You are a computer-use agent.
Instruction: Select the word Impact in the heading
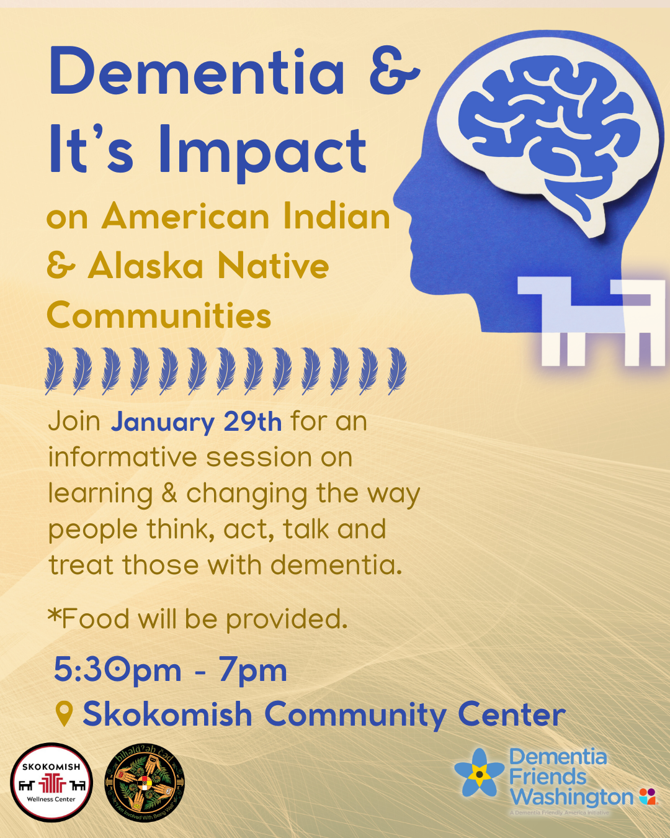pos(262,151)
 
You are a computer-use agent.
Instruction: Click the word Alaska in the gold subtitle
pos(146,266)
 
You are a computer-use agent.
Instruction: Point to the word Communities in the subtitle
pos(159,315)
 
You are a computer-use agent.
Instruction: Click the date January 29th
pos(196,422)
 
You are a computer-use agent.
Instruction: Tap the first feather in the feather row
pos(54,371)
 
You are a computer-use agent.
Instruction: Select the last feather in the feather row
pos(396,371)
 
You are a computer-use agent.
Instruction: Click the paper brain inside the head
pos(549,133)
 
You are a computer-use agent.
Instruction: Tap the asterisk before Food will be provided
pos(55,616)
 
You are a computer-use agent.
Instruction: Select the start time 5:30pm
pos(117,670)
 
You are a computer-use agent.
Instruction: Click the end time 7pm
pos(252,670)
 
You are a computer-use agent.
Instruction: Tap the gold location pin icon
pos(64,714)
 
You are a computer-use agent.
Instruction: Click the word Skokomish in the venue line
pos(167,714)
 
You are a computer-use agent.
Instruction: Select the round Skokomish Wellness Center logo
pos(51,783)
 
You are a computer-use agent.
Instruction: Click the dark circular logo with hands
pos(145,783)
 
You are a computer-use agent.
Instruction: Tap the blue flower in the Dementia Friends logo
pos(479,773)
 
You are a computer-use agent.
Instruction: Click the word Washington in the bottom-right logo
pos(571,796)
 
